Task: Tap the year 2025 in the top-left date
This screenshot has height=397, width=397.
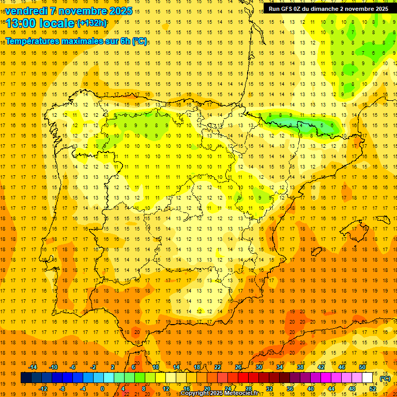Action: (119, 11)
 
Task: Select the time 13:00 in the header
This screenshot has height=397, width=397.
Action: (21, 23)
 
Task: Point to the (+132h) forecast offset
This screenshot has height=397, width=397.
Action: (91, 23)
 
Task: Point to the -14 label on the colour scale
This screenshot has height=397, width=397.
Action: (34, 367)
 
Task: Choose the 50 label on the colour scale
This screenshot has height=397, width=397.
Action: (362, 367)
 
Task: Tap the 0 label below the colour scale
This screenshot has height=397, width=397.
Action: (102, 389)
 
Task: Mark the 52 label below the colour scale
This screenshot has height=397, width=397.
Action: (373, 389)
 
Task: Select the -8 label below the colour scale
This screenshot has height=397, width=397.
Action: (62, 389)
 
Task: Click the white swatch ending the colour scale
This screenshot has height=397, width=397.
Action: (368, 378)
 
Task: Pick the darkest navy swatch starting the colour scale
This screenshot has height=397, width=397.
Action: (26, 378)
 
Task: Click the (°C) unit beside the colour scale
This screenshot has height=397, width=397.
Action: (385, 378)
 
